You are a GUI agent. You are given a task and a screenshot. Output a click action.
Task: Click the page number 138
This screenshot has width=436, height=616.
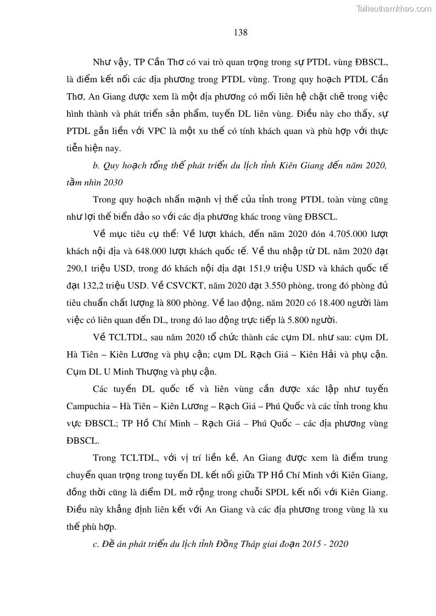tap(241, 32)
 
